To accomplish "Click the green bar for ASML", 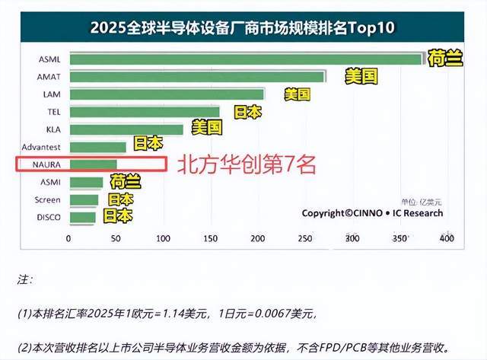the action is (x=246, y=59).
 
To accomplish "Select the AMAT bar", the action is (x=197, y=77).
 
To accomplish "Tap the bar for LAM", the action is (x=167, y=94).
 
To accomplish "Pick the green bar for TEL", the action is (x=145, y=112).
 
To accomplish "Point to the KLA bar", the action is (x=126, y=130).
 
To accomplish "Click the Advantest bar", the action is (x=98, y=147).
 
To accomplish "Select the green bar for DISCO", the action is (x=83, y=218).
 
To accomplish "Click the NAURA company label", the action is (x=46, y=164).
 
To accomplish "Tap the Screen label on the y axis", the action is (x=47, y=199).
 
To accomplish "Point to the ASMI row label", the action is (x=50, y=182).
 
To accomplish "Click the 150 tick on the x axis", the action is (x=210, y=238).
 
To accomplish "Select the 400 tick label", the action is (x=447, y=238).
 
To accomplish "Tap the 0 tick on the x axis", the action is (x=68, y=238).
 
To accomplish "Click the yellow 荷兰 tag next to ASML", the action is (x=445, y=58).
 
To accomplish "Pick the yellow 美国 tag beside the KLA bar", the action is (x=207, y=127).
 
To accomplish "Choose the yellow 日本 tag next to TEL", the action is (x=247, y=113).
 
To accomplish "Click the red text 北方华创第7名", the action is (x=247, y=164).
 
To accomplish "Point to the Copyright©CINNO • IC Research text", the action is (x=372, y=213).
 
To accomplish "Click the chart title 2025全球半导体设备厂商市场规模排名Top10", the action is (x=243, y=27).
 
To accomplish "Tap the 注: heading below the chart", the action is (x=25, y=279).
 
